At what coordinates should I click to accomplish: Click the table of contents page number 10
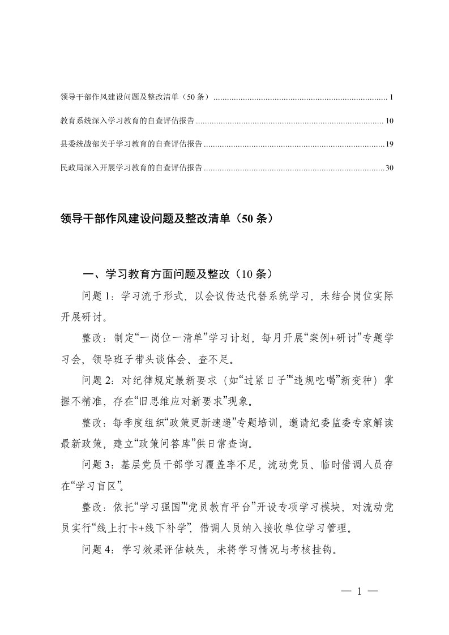389,121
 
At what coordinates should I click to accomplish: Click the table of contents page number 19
389,144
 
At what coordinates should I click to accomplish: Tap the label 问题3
99,464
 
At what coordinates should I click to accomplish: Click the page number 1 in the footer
359,592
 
